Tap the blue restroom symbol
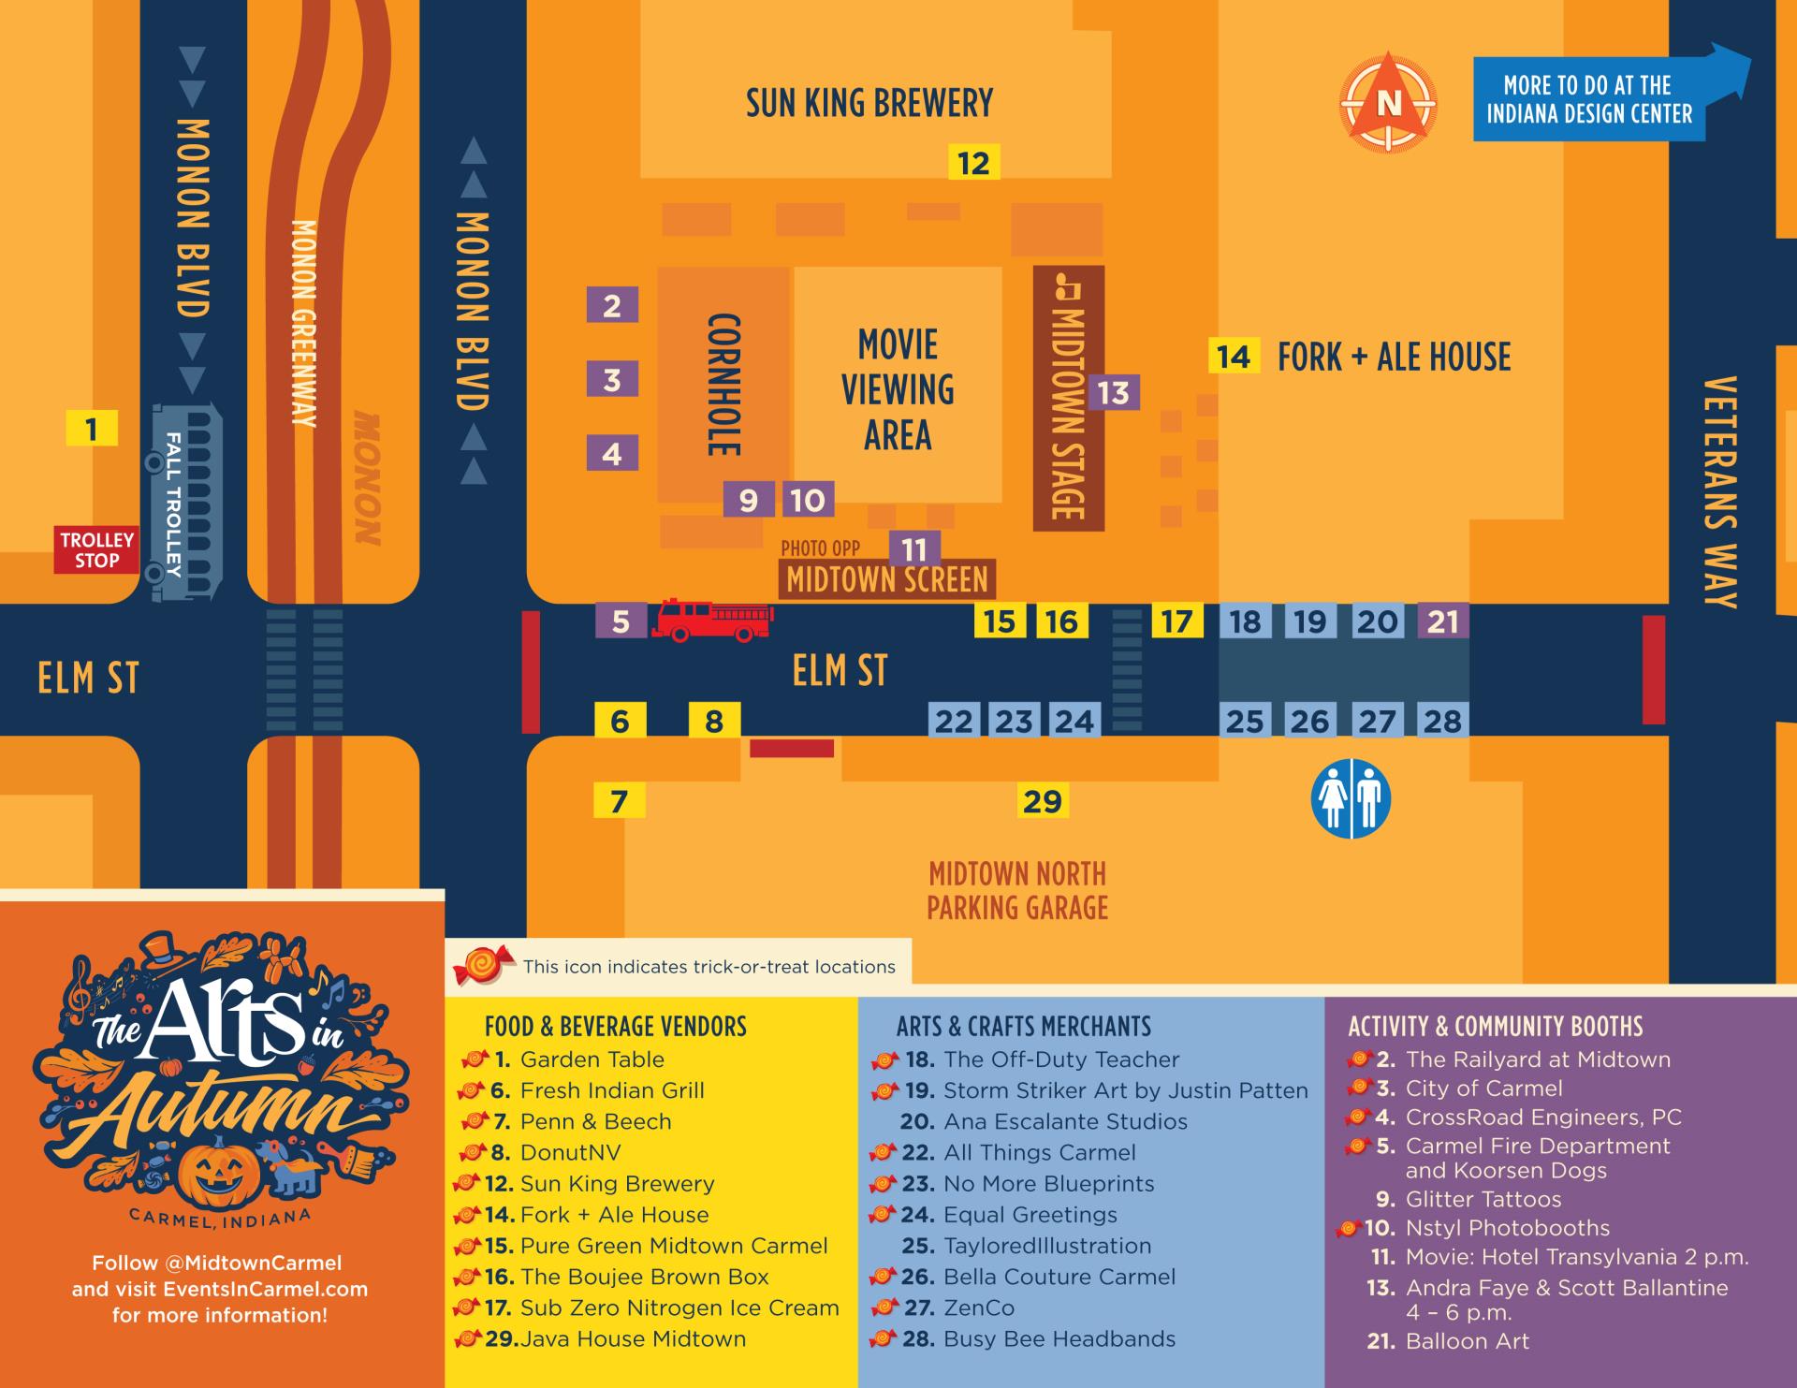click(x=1351, y=798)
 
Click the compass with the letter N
click(x=1388, y=102)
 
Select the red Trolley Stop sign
click(x=96, y=550)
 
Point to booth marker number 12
click(x=973, y=163)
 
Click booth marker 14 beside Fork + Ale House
click(x=1233, y=356)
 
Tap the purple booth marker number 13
click(x=1113, y=392)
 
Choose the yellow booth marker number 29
click(x=1042, y=801)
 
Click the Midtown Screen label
click(x=886, y=579)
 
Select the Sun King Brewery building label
click(x=869, y=103)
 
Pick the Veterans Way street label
click(x=1720, y=491)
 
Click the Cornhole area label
click(x=723, y=385)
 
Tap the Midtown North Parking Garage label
click(x=1017, y=890)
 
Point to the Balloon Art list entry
click(x=1466, y=1341)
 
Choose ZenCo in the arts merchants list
click(x=978, y=1308)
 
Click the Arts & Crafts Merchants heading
click(x=1023, y=1026)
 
